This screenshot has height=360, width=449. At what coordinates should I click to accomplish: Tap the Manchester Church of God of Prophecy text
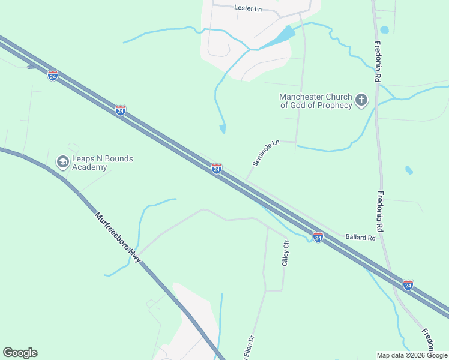pos(315,101)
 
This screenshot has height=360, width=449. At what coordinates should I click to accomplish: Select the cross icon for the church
pos(361,100)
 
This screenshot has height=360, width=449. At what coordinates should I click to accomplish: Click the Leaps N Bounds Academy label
pos(94,163)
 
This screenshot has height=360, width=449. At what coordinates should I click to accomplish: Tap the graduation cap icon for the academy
pos(62,161)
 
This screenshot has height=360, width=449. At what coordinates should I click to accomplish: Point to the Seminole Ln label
pos(266,154)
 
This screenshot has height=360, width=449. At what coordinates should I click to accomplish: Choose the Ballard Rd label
pos(360,238)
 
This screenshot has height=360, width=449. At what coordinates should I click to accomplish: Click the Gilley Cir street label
pos(286,253)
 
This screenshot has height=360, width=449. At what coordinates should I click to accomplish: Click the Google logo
pos(20,353)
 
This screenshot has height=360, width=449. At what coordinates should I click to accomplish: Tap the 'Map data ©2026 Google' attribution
pos(412,355)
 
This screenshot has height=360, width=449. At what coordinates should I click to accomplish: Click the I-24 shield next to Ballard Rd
pos(318,238)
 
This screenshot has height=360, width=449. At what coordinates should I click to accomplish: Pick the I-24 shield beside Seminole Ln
pos(217,169)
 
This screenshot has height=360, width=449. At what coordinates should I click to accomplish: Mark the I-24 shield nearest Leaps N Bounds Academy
pos(121,110)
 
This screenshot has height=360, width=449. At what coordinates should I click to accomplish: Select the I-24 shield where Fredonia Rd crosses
pos(408,284)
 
